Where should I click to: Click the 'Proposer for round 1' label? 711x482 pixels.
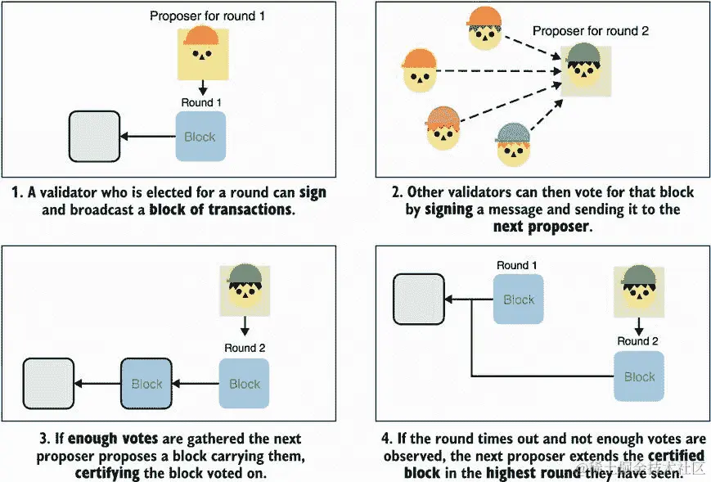click(x=207, y=16)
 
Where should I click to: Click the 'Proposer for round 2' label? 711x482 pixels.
click(x=591, y=31)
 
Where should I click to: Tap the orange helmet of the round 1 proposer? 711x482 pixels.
click(x=201, y=36)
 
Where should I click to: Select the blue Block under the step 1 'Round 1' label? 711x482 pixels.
click(x=200, y=137)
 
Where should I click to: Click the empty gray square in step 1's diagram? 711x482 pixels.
click(x=94, y=137)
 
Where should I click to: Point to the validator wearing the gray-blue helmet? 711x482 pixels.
click(x=513, y=145)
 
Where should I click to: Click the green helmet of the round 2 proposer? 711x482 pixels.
click(x=583, y=54)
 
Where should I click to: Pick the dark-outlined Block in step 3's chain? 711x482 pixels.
click(x=146, y=384)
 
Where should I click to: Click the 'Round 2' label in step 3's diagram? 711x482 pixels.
click(x=245, y=348)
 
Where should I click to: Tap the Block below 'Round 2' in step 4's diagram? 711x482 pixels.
click(x=639, y=376)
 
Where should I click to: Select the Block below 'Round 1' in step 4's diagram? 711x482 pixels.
click(x=518, y=300)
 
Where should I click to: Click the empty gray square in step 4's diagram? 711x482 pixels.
click(x=419, y=300)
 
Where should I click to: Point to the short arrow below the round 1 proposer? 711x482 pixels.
click(x=203, y=88)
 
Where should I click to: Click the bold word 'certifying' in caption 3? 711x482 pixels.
click(x=107, y=473)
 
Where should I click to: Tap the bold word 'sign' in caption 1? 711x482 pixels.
click(x=313, y=192)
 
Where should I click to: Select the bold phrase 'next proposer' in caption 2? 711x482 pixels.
click(x=541, y=227)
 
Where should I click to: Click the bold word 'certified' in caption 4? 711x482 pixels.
click(x=676, y=455)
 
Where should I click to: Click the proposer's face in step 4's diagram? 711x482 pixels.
click(x=639, y=292)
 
